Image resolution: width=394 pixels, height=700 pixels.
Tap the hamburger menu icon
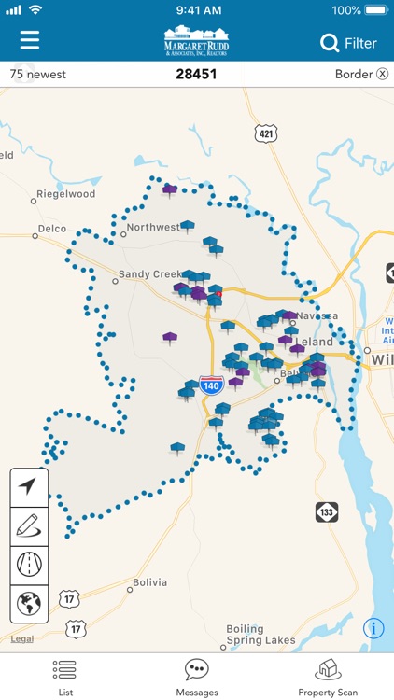tap(30, 41)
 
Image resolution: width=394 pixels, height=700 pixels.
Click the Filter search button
tap(348, 43)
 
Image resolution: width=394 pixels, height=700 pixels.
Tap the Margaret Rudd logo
tap(197, 43)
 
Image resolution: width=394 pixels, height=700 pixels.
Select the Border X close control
tap(382, 75)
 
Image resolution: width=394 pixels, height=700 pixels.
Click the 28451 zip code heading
tap(196, 74)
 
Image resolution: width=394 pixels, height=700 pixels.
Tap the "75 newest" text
tap(38, 75)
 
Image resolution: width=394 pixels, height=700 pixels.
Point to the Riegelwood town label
tap(65, 194)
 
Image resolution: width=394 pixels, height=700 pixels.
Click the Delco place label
tap(52, 228)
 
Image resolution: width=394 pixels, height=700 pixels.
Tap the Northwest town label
tap(153, 227)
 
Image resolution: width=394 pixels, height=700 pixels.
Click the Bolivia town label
tap(149, 582)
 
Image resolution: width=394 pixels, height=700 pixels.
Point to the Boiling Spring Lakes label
tap(260, 635)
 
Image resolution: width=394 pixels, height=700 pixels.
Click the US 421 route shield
tap(267, 133)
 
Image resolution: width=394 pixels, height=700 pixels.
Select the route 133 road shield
tap(326, 511)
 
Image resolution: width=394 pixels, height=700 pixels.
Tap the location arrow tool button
tap(29, 486)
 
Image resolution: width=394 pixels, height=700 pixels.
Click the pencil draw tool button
tap(29, 525)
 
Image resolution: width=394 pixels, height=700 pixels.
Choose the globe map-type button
tap(29, 604)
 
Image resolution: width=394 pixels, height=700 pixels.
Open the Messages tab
tap(197, 676)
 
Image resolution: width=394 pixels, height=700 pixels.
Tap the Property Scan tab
tap(328, 676)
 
